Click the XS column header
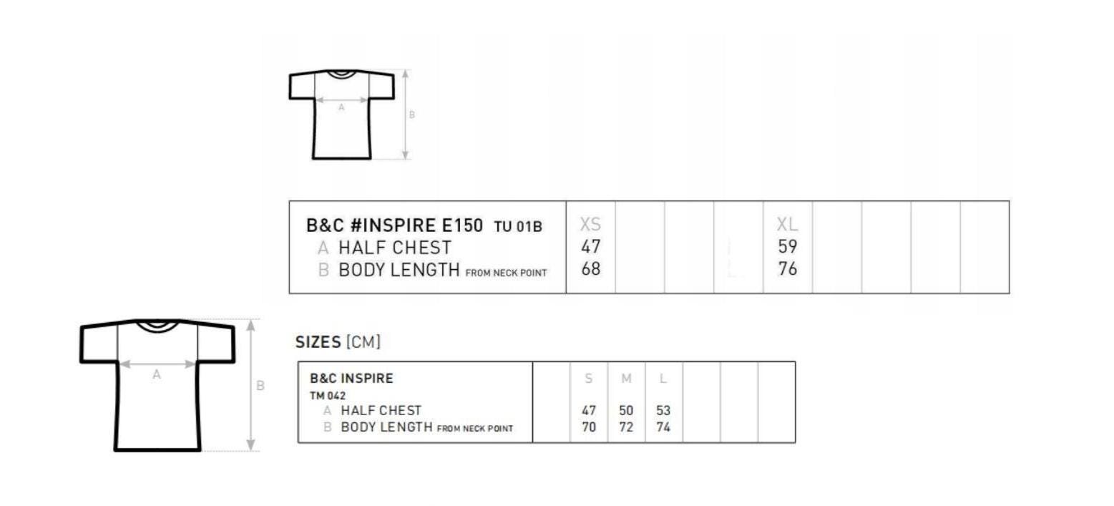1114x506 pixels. coord(590,225)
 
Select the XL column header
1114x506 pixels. coord(787,225)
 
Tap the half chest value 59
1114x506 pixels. coord(788,246)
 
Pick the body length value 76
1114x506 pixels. coord(788,268)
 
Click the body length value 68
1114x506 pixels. coord(591,268)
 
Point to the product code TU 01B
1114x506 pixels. coord(518,227)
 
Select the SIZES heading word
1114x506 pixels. coord(318,342)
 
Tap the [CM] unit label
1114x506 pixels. coord(363,342)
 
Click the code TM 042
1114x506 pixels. coord(327,396)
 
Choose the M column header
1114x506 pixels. coord(626,379)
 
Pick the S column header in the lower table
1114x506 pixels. coord(589,379)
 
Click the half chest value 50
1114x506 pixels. coord(626,411)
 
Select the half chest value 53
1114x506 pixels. coord(663,411)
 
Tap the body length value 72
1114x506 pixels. coord(626,427)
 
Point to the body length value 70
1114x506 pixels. coord(589,427)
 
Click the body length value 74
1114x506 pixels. coord(663,427)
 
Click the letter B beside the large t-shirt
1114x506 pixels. coord(260,386)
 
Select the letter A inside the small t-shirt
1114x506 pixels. coord(341,107)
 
